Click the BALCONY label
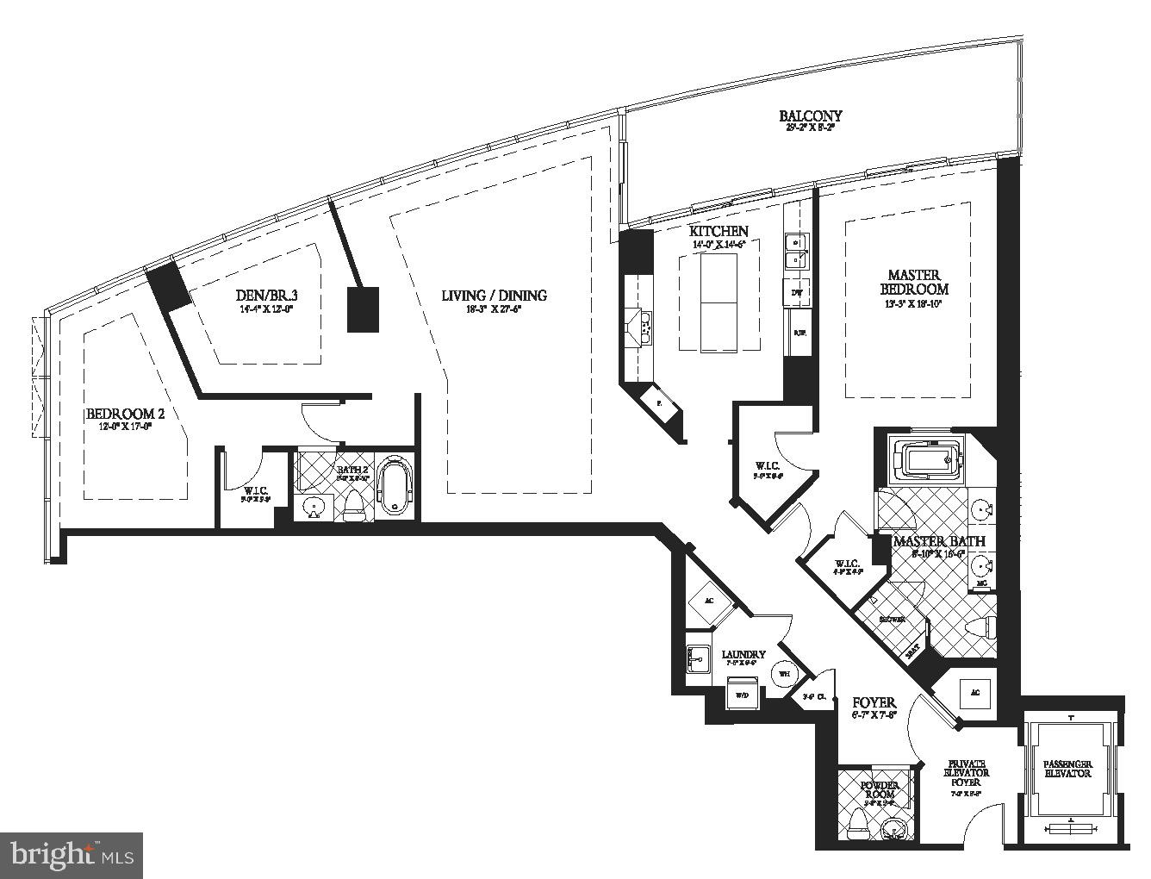point(810,115)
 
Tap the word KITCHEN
point(718,231)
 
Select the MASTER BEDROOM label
point(913,282)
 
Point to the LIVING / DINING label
point(494,296)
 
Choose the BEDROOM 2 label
point(125,415)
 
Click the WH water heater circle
point(782,673)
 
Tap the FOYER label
point(874,702)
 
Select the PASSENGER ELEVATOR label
point(1067,769)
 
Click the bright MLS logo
point(72,855)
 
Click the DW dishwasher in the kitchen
point(797,293)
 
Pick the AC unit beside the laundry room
point(709,601)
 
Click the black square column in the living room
point(363,309)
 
